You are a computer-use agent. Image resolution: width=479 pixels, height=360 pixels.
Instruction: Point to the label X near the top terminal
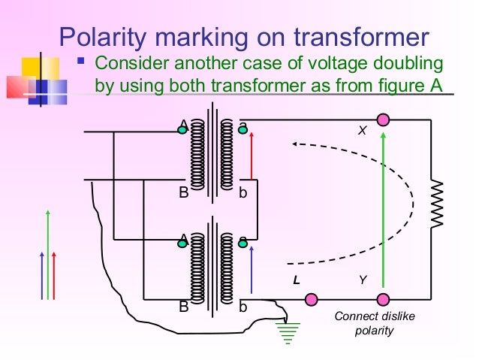[x=361, y=130]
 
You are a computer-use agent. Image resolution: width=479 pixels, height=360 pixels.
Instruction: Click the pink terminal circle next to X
[x=384, y=119]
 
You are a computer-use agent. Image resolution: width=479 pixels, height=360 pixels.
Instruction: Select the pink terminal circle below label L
[x=311, y=300]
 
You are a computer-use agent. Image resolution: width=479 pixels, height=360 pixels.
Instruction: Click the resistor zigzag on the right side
[x=438, y=203]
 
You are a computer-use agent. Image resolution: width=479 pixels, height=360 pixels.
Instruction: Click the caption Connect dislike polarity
[x=374, y=324]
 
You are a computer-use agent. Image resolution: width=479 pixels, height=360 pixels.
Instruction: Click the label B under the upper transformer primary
[x=183, y=193]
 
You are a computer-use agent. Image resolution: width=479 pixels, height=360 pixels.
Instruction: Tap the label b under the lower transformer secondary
[x=243, y=307]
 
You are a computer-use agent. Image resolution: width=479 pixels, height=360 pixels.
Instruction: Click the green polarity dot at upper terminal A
[x=182, y=129]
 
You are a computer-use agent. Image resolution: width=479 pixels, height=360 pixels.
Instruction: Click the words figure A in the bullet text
[x=411, y=84]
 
